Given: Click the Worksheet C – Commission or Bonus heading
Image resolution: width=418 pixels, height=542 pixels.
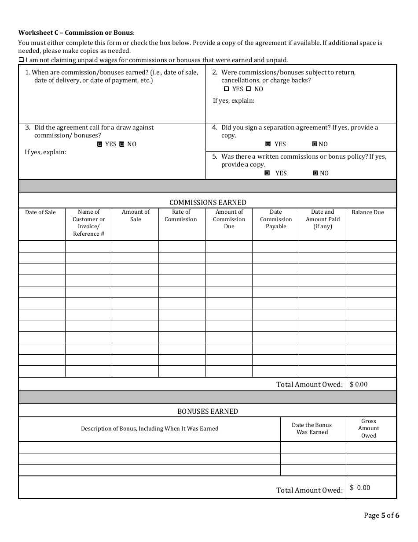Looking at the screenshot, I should (76, 33).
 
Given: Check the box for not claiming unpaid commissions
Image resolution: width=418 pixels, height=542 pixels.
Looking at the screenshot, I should (21, 60).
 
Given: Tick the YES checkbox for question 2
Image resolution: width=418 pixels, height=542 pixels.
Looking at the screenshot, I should (227, 89).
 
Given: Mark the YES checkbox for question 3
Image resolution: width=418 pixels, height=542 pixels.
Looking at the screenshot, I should (100, 144).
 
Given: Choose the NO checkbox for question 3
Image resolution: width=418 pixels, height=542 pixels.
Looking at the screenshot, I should (122, 144).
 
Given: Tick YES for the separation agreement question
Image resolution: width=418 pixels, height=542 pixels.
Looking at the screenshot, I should (268, 144).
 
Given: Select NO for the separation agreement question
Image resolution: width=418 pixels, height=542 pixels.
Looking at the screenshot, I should (315, 144).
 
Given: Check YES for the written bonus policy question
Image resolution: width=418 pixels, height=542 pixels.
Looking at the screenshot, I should (267, 173).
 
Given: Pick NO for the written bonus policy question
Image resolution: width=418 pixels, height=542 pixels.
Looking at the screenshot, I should (315, 173).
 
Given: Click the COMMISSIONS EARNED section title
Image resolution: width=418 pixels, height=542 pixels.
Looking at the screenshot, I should (208, 202).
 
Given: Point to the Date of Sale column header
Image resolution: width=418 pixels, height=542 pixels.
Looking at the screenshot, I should (40, 212).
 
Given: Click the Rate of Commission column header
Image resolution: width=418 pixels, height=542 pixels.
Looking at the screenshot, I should (181, 215).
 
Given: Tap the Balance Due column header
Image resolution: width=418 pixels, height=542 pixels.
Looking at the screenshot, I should (368, 212).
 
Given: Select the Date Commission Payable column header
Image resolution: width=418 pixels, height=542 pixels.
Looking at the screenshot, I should (276, 219).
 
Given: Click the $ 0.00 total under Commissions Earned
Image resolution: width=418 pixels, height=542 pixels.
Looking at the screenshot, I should (359, 384).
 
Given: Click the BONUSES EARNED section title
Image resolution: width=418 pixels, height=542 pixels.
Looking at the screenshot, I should (208, 411).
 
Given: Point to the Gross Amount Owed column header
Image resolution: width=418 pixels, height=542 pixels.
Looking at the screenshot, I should (369, 428).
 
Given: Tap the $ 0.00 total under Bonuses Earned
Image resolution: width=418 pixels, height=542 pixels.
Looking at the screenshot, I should (360, 488).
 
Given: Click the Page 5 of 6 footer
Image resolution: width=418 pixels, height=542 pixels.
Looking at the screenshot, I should (381, 515).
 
